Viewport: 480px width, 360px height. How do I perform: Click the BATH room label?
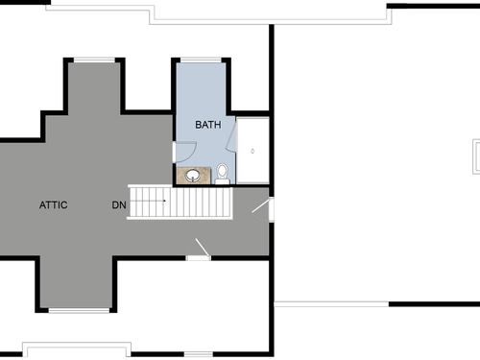click(x=208, y=125)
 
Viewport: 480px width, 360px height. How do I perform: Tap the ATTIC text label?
click(x=54, y=204)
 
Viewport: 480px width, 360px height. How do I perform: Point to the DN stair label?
click(x=119, y=204)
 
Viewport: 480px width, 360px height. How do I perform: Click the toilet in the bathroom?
click(x=222, y=174)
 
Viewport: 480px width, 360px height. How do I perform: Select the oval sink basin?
click(x=193, y=176)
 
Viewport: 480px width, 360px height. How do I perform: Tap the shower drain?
click(x=252, y=151)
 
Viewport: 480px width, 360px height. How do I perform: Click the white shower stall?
click(x=252, y=150)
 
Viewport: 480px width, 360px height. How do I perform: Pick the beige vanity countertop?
click(x=194, y=176)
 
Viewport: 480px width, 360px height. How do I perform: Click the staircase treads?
click(x=180, y=202)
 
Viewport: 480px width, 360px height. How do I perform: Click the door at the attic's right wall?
click(x=263, y=209)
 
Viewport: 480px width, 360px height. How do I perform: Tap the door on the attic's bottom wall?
click(x=199, y=250)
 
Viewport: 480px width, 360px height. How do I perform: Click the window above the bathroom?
click(x=201, y=60)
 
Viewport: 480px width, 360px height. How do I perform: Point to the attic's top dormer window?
click(x=94, y=60)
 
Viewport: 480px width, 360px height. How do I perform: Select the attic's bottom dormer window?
click(x=79, y=310)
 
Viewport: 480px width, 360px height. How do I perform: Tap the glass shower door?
click(x=231, y=134)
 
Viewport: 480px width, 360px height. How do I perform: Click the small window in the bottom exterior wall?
click(x=199, y=354)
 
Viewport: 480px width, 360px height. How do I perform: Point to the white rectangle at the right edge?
click(x=476, y=156)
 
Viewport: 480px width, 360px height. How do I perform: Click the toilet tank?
click(x=222, y=181)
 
